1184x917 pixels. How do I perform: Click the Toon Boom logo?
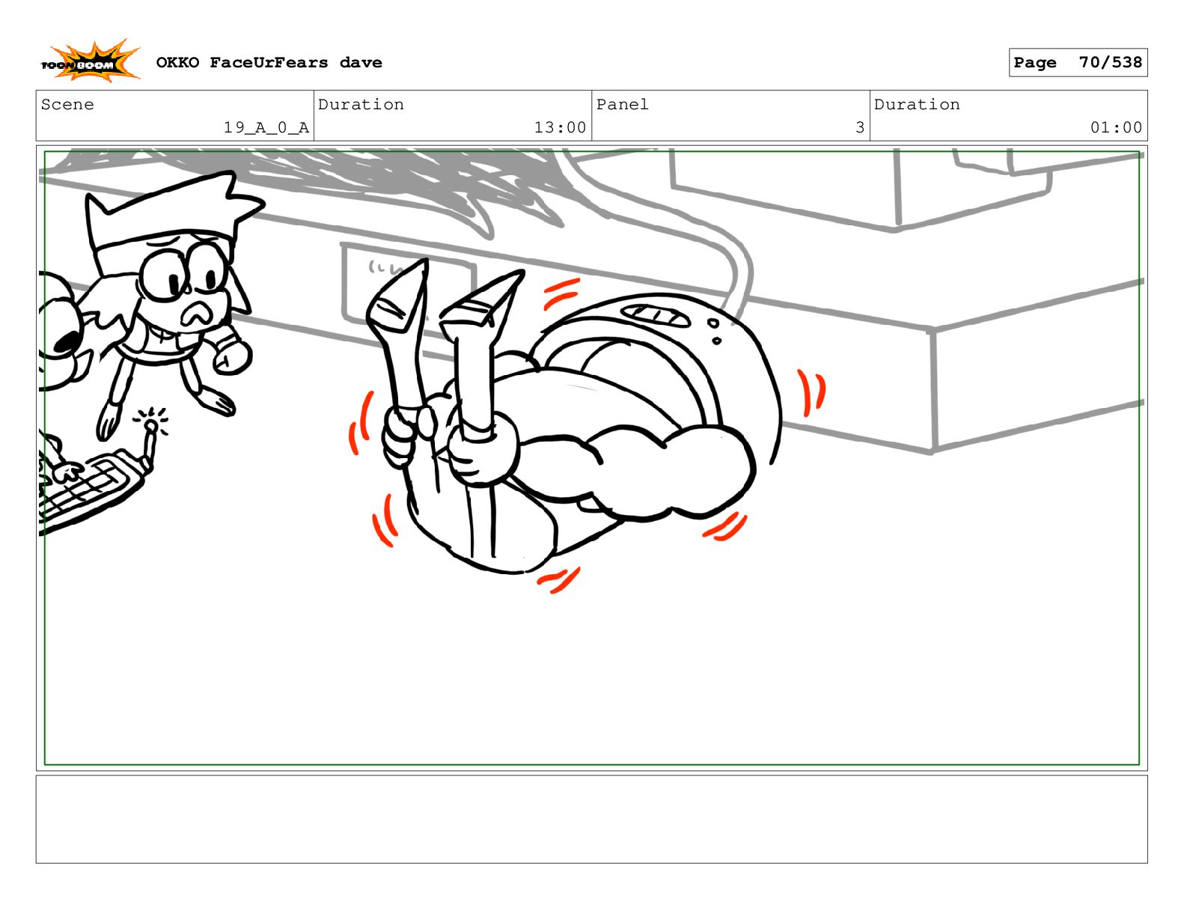coord(90,61)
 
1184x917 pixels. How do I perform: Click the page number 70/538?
coord(1110,62)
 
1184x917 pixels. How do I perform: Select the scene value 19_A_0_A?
coord(266,127)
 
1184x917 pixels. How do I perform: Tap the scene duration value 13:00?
coord(560,127)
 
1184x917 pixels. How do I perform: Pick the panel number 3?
coord(859,127)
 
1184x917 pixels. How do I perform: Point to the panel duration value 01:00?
coord(1115,127)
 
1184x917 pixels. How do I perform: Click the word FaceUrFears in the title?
coord(269,63)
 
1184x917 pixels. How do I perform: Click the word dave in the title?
coord(361,63)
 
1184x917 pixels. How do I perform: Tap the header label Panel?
coord(622,104)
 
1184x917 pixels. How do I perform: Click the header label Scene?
coord(67,104)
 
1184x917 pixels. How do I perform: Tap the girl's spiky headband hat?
coord(169,218)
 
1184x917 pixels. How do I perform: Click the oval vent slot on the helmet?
coord(656,316)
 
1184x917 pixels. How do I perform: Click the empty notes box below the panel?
coord(592,819)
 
